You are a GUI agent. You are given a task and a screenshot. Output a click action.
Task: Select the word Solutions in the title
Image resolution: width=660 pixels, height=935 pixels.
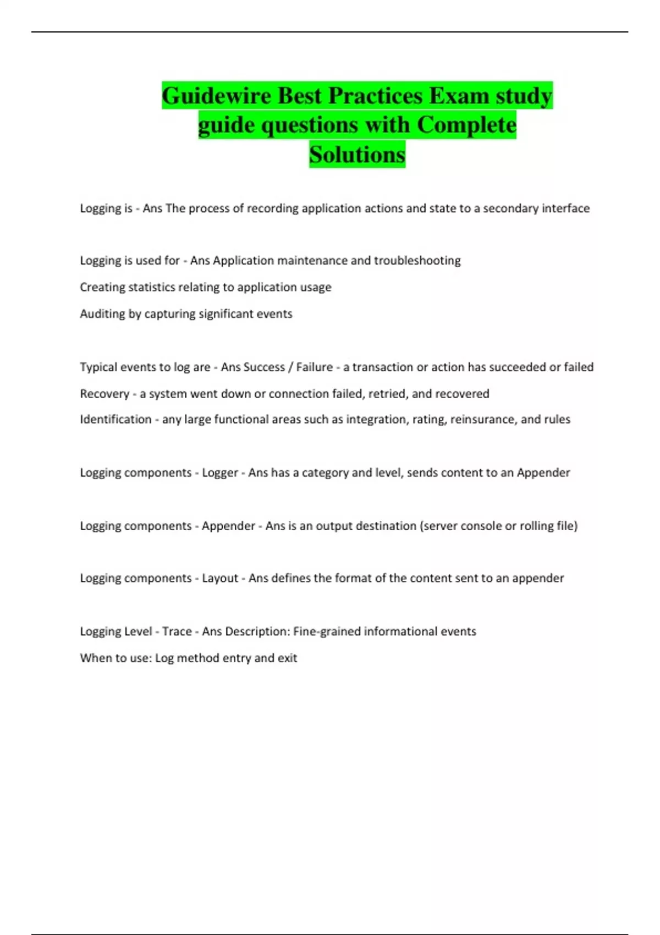[357, 155]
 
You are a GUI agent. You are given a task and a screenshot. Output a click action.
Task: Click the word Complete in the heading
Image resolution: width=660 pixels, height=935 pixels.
[466, 125]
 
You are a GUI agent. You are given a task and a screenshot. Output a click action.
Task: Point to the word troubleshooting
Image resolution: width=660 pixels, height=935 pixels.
[417, 260]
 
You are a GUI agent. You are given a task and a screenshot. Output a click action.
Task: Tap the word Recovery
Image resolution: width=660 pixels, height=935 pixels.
[105, 394]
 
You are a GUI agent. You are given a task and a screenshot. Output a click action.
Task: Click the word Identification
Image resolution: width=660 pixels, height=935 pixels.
[116, 419]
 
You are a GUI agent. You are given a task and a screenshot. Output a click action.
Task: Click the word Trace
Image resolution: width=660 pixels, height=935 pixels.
[177, 631]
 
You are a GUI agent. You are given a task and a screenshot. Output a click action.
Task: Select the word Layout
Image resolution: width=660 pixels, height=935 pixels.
[220, 578]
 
